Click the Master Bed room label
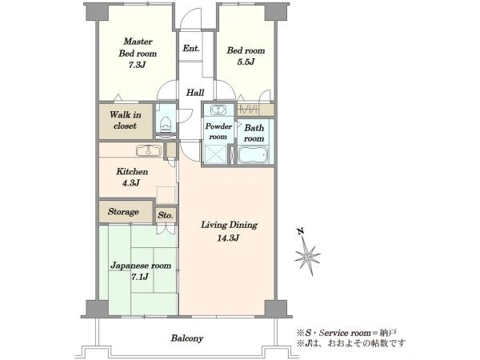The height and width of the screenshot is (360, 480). (138, 47)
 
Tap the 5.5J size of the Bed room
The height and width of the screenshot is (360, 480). (246, 62)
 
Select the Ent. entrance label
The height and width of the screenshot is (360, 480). (191, 48)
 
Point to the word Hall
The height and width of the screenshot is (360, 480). (195, 93)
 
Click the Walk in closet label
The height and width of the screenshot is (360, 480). (126, 120)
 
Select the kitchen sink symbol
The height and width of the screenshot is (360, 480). (149, 151)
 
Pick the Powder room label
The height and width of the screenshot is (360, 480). (218, 131)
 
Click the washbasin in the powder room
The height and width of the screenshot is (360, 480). (218, 110)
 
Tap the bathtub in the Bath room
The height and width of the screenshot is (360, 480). (253, 154)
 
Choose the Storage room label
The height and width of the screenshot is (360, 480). (123, 211)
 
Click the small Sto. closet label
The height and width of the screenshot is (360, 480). (166, 215)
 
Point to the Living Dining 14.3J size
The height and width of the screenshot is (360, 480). (228, 238)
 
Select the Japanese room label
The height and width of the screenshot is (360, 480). (141, 266)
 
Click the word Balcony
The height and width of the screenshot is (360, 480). (187, 338)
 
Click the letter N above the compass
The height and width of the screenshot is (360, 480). (300, 232)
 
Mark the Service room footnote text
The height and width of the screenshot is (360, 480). (346, 333)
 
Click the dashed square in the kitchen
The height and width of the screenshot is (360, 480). (166, 194)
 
